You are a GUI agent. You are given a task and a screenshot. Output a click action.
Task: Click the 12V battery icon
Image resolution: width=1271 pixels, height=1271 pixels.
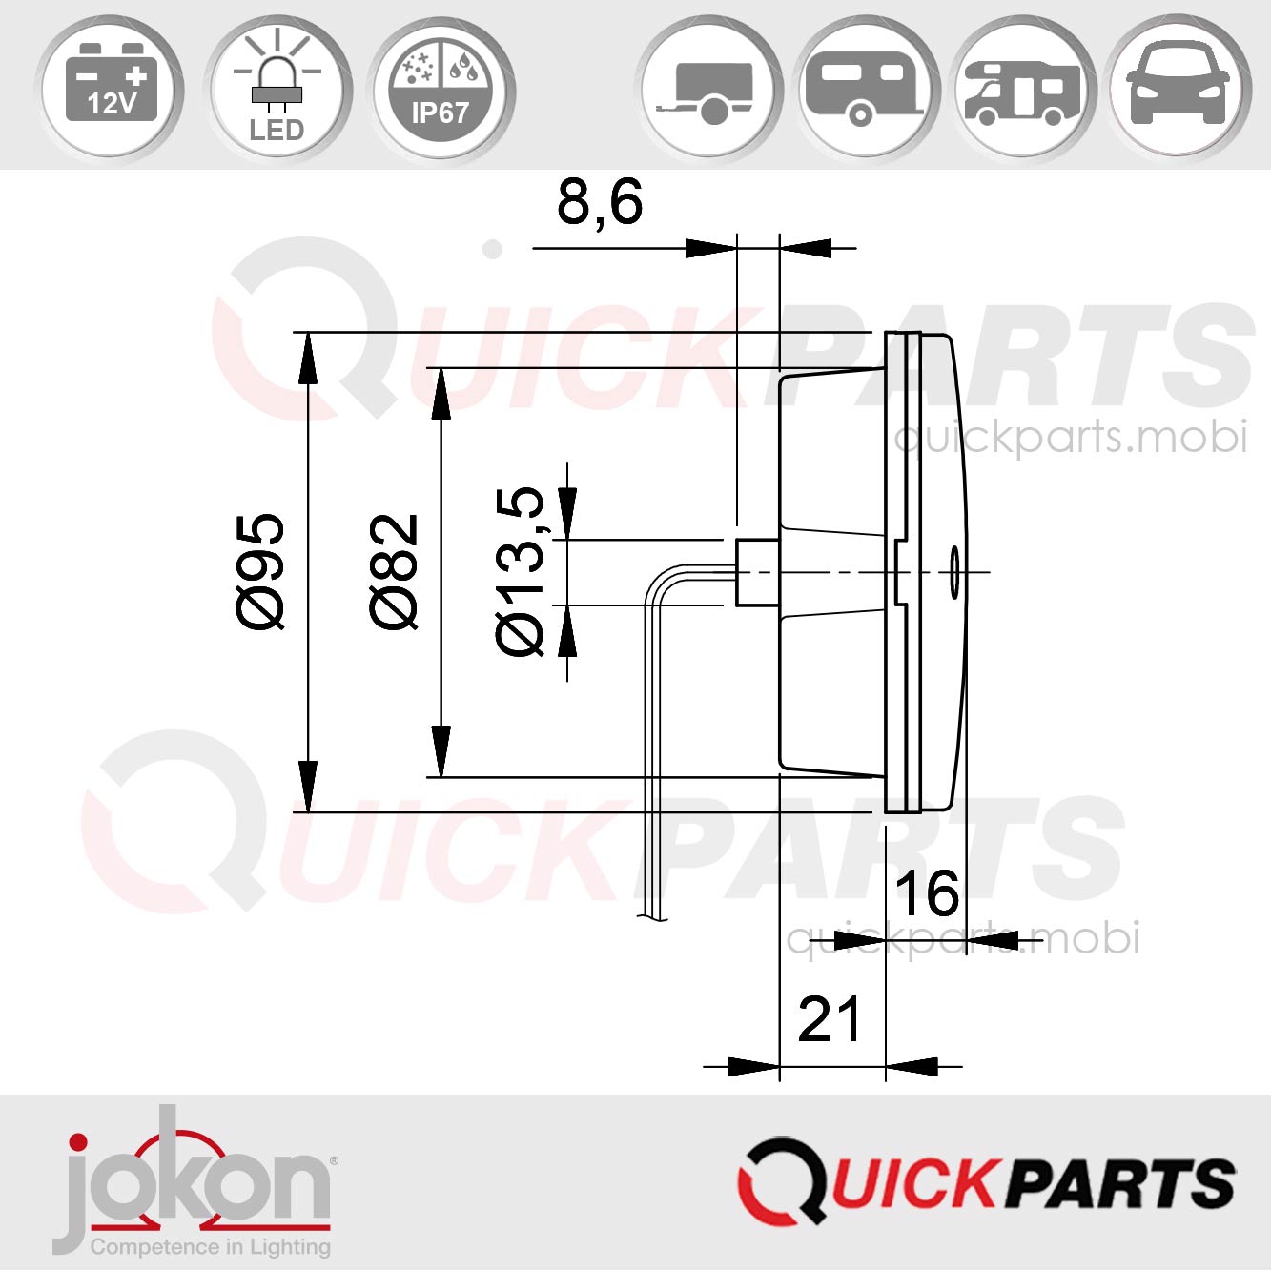(x=112, y=88)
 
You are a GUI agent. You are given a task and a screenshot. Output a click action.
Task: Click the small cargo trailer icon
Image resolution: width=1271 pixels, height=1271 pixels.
(x=710, y=92)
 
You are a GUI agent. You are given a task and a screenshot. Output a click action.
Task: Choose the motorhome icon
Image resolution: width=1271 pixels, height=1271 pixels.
(x=1023, y=92)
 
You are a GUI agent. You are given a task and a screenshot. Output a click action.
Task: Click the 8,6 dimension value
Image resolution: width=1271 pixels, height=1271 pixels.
(x=600, y=203)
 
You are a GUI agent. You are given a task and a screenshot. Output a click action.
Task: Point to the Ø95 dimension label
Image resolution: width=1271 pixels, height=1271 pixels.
(x=260, y=571)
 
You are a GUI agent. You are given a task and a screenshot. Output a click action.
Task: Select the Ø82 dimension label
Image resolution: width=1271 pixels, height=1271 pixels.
(x=394, y=571)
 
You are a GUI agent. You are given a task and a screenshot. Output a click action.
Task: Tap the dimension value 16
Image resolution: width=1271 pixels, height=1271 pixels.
(x=926, y=894)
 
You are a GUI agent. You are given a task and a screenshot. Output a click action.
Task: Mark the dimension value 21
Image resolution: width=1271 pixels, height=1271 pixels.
(x=829, y=1020)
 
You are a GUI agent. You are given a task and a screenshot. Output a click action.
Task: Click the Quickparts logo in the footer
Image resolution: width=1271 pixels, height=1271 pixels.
(x=986, y=1182)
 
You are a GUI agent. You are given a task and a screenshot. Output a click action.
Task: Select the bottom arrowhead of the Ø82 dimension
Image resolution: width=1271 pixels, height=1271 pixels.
(x=441, y=750)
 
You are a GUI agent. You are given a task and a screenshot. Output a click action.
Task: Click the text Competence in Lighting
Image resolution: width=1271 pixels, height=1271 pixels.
(x=211, y=1247)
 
